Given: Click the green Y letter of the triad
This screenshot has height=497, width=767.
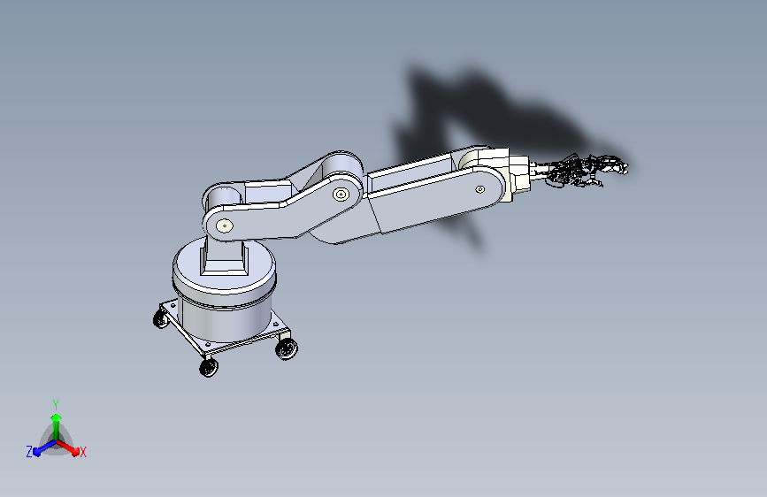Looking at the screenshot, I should click(56, 403).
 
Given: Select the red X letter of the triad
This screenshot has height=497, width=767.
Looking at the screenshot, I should click(83, 453).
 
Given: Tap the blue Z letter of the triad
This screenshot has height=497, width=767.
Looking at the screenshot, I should click(29, 452).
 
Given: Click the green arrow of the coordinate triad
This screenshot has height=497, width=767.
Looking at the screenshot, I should click(56, 422).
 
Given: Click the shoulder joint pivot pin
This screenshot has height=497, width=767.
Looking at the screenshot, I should click(221, 225).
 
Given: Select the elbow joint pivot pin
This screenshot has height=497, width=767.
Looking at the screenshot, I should click(340, 194).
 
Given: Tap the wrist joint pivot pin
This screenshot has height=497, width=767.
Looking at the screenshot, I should click(479, 188).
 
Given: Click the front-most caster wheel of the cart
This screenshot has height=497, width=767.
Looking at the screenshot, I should click(208, 368).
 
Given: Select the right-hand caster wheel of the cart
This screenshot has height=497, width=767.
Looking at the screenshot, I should click(287, 350).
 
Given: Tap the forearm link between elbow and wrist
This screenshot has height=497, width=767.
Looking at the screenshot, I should click(425, 199).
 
